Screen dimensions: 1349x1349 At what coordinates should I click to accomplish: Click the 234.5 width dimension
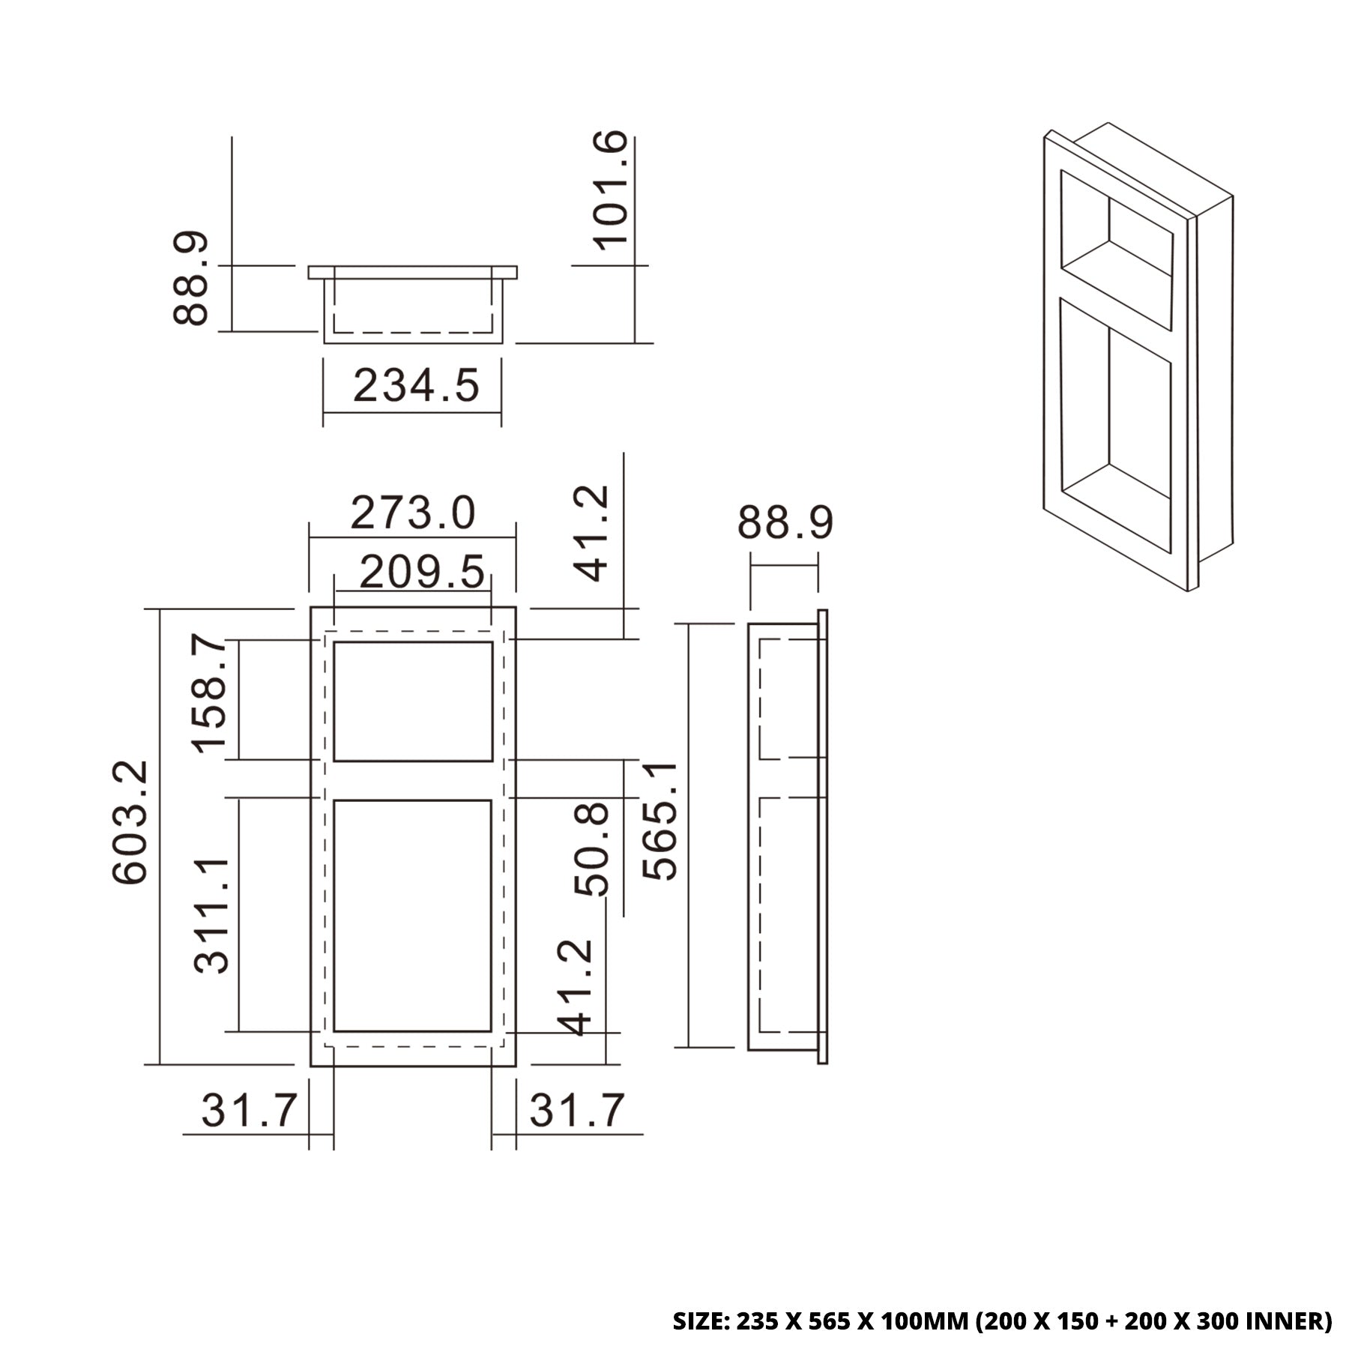[415, 387]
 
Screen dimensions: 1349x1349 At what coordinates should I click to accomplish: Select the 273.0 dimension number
[412, 514]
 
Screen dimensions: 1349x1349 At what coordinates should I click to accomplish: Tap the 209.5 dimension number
[422, 573]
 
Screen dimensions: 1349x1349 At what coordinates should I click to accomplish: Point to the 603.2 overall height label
[130, 822]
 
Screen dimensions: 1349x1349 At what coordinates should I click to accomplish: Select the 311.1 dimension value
[211, 916]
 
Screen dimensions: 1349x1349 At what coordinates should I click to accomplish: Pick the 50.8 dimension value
[592, 848]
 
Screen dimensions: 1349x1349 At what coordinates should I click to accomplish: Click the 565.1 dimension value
[660, 821]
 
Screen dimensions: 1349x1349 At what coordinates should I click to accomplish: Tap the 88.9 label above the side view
[785, 523]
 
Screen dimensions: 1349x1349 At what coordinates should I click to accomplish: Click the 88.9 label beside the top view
[190, 278]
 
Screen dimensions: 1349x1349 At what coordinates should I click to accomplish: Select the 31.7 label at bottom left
[249, 1110]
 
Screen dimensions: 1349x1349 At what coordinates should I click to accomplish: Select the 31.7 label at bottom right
[576, 1110]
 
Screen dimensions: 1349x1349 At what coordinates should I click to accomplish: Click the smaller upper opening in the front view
[412, 701]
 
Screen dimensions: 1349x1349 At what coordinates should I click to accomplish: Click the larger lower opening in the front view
[412, 915]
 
